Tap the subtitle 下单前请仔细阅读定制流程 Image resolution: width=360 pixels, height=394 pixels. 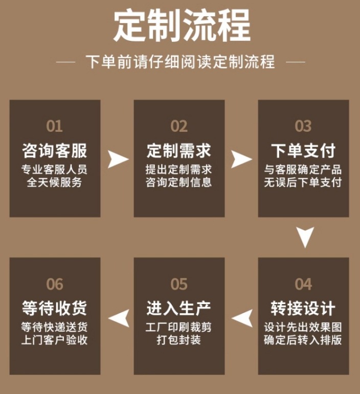[x=180, y=62]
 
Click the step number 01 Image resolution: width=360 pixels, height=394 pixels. [x=54, y=126]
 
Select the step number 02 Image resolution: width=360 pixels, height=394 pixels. [x=179, y=126]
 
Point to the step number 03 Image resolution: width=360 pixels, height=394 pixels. [x=303, y=126]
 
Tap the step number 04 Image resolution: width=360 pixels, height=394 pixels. [x=303, y=284]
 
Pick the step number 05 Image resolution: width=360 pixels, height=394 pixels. [x=179, y=284]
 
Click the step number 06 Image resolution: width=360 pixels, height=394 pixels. [x=54, y=284]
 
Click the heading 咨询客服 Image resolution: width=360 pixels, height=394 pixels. [x=54, y=151]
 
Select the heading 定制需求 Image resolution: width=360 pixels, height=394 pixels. [x=179, y=151]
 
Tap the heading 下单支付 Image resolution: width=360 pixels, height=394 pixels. [x=303, y=151]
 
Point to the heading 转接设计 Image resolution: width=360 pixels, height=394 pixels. [x=303, y=309]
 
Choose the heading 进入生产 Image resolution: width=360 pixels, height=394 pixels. [x=179, y=309]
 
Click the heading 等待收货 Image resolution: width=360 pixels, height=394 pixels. [x=54, y=309]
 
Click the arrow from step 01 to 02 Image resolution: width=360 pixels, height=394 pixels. [x=118, y=159]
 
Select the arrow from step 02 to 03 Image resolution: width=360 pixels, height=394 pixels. [x=241, y=159]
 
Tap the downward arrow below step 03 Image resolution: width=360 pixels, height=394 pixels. [x=305, y=237]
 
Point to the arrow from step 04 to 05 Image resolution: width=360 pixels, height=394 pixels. [x=242, y=318]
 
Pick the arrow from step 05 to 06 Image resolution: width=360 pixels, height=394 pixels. [x=118, y=318]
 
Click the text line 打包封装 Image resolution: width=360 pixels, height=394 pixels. [x=179, y=339]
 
